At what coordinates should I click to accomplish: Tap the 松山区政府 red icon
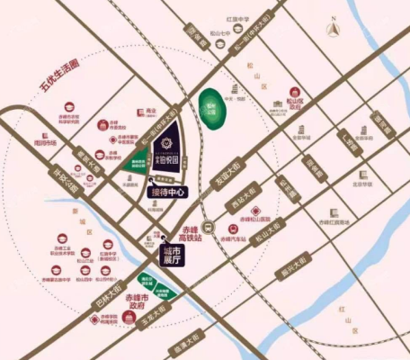click(292, 103)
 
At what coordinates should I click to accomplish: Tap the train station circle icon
click(208, 227)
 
